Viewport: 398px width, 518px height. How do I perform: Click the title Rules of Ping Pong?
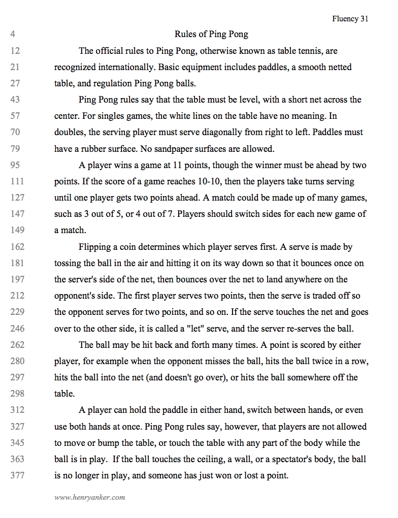(x=211, y=35)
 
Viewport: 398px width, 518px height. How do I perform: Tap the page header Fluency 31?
(x=350, y=19)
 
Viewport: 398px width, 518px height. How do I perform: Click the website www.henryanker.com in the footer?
(x=89, y=497)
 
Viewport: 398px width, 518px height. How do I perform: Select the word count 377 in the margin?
(x=17, y=475)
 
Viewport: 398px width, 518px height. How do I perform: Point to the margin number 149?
(x=17, y=230)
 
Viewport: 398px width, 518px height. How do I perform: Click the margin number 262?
(x=17, y=345)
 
